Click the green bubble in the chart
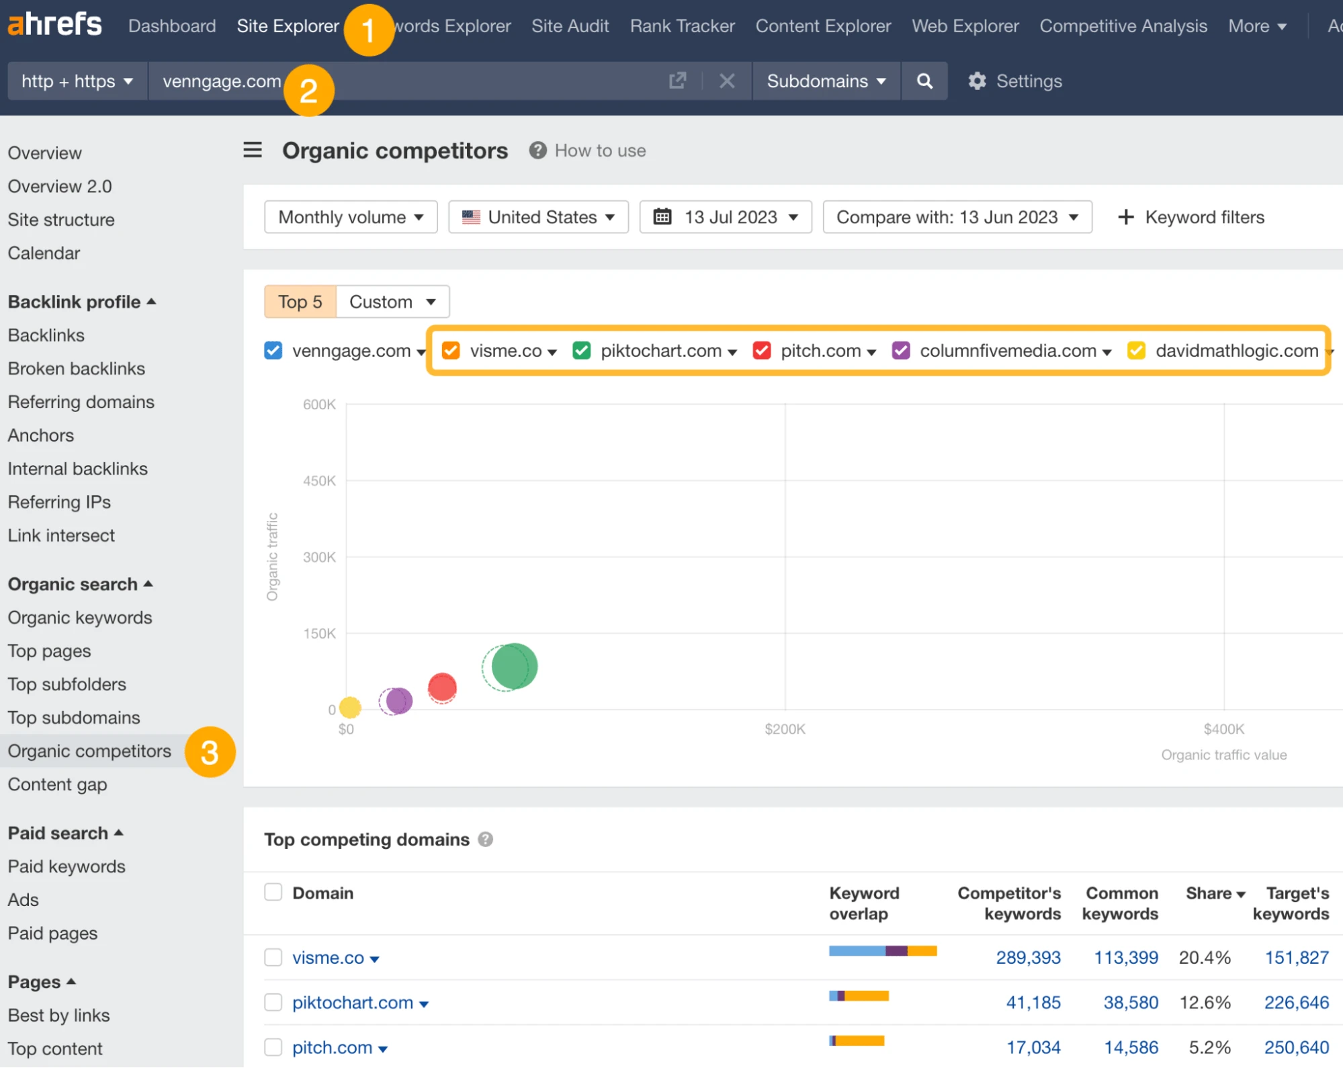[x=514, y=666]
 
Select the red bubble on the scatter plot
[x=442, y=687]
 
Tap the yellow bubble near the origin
[x=350, y=707]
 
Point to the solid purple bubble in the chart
[x=399, y=700]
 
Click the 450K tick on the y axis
[x=319, y=481]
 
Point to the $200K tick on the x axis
[x=785, y=729]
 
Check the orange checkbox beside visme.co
[x=451, y=350]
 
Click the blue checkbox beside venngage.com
[x=273, y=350]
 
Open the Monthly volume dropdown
[x=351, y=217]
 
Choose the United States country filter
[x=538, y=217]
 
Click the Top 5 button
[x=300, y=302]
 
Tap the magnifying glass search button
[x=924, y=81]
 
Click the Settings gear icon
[x=977, y=81]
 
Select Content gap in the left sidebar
[x=58, y=784]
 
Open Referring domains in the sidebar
[x=81, y=402]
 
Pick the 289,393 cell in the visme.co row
[x=1028, y=957]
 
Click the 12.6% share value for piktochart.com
[x=1205, y=1002]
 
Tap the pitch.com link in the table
[x=332, y=1047]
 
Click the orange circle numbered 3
[x=210, y=752]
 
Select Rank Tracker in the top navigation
[x=682, y=26]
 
